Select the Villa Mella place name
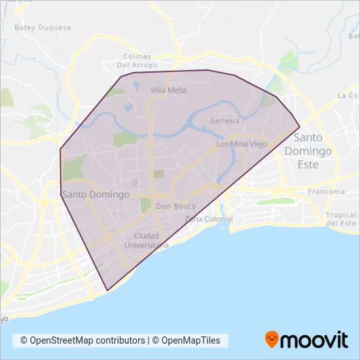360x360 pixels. pos(168,90)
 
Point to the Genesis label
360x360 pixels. pos(225,121)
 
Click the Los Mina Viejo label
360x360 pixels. pos(242,144)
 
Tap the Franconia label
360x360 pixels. pos(327,192)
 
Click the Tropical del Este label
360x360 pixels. pos(342,219)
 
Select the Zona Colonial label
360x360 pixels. pos(209,219)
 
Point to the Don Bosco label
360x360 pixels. pos(176,206)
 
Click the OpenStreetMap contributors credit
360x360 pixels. pos(82,340)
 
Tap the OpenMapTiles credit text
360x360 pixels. pos(190,340)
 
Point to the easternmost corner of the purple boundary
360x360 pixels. pos(299,126)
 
